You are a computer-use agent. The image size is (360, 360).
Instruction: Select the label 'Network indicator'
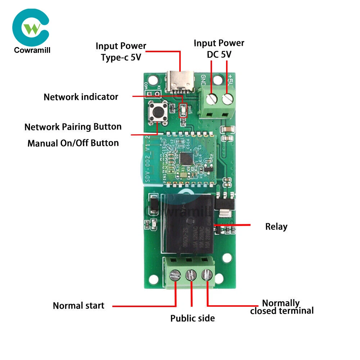click(x=81, y=97)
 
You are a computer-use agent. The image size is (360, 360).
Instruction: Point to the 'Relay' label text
click(x=276, y=226)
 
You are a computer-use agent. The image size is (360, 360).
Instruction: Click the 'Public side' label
click(x=192, y=318)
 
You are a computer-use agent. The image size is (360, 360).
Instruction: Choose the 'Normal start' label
click(x=78, y=306)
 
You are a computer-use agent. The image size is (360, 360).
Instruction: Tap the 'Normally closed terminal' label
click(x=282, y=307)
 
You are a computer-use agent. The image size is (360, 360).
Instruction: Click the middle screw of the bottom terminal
click(x=191, y=276)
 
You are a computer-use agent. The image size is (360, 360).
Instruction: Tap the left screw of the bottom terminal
click(x=175, y=276)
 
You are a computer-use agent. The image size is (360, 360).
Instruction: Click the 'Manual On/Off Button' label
click(x=73, y=143)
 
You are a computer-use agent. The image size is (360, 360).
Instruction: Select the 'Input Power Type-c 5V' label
click(x=121, y=51)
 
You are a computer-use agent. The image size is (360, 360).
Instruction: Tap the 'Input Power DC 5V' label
click(x=219, y=49)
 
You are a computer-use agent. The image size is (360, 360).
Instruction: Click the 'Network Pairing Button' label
click(x=73, y=127)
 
